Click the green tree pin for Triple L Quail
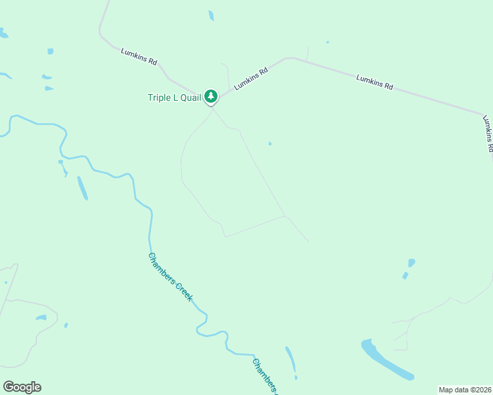[x=210, y=97]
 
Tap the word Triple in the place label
[x=159, y=97]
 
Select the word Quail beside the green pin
[x=188, y=97]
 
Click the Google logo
[x=22, y=387]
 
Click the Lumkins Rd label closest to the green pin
[x=251, y=78]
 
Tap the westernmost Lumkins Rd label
[x=138, y=56]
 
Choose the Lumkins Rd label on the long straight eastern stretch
[x=374, y=82]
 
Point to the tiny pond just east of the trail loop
[x=270, y=144]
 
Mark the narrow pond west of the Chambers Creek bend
[x=82, y=188]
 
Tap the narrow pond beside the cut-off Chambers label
[x=291, y=360]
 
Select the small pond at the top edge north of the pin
[x=211, y=15]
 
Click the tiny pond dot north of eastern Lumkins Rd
[x=327, y=42]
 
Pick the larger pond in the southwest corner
[x=41, y=318]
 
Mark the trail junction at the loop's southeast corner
[x=284, y=216]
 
